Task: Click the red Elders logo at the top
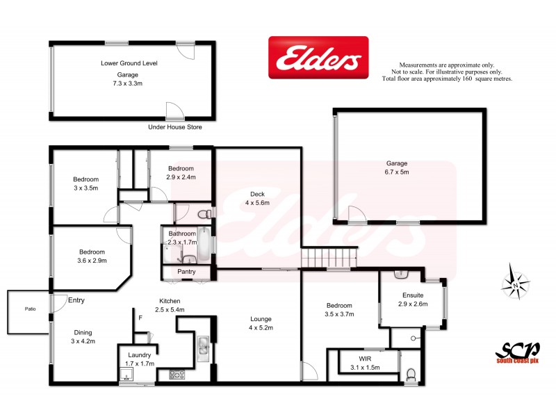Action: tap(319, 58)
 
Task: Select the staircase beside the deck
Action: tap(328, 258)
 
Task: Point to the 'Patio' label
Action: tap(30, 309)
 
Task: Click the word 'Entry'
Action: tap(76, 300)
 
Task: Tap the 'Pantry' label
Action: tap(186, 272)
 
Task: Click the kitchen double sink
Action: tap(202, 345)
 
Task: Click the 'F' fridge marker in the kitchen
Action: tap(140, 318)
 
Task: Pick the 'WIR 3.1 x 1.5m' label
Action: tap(365, 363)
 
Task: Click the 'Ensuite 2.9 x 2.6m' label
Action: tap(413, 300)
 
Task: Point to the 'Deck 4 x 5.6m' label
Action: tap(256, 198)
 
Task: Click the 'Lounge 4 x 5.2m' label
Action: tap(261, 324)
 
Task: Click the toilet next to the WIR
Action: tap(411, 375)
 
